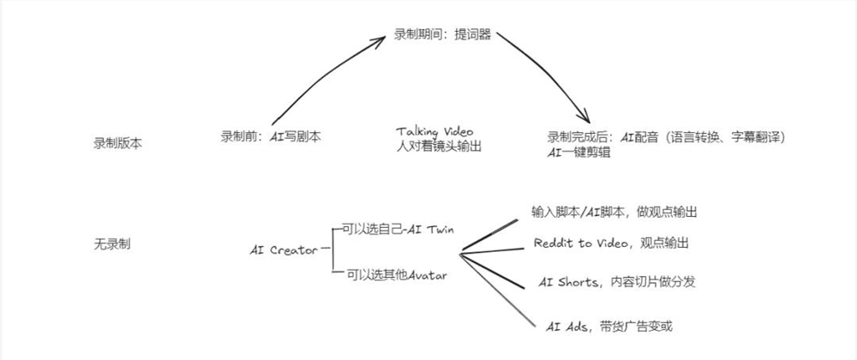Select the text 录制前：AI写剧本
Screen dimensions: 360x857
(x=271, y=136)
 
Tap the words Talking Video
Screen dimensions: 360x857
(x=434, y=131)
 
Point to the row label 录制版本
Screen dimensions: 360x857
(x=117, y=142)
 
